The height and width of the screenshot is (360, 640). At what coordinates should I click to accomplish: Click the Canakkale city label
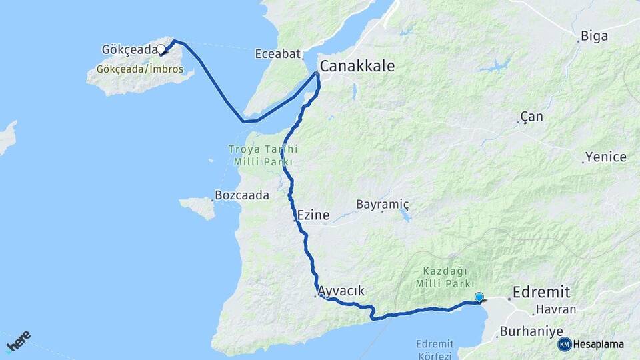(x=357, y=66)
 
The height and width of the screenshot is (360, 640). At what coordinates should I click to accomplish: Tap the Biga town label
(x=594, y=36)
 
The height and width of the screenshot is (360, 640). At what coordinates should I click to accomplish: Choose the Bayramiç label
(x=382, y=204)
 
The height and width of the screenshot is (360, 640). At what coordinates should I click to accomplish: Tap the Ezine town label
(x=313, y=215)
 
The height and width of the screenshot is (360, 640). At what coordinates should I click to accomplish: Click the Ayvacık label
(x=341, y=291)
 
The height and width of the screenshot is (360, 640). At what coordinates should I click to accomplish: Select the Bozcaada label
(x=241, y=196)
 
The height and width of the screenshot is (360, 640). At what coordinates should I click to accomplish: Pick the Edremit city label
(x=541, y=291)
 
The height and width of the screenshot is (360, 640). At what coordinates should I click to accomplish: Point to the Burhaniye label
(x=531, y=331)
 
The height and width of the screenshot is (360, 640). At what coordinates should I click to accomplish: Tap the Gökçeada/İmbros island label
(x=140, y=69)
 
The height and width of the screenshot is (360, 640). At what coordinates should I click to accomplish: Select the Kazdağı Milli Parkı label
(x=445, y=277)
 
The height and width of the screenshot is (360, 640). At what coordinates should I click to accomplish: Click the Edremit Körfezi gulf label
(x=435, y=350)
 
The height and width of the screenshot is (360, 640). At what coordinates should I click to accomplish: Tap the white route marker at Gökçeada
(x=161, y=49)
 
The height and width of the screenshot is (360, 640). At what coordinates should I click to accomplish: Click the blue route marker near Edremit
(x=479, y=297)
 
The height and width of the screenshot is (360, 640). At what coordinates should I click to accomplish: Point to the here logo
(x=19, y=341)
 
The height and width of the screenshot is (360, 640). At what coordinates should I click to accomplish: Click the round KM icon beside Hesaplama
(x=564, y=344)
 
